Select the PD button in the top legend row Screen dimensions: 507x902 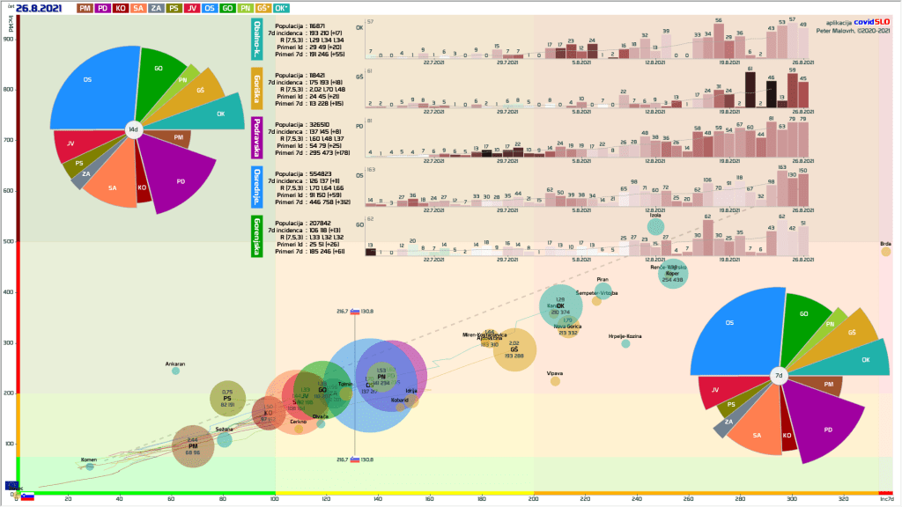point(104,8)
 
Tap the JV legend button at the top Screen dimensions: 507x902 point(192,8)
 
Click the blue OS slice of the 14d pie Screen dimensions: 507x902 point(88,84)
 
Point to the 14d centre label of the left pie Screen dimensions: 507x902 point(133,129)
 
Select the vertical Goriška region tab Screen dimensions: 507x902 point(257,91)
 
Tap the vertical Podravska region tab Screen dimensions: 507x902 point(257,139)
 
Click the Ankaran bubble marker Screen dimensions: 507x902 point(175,371)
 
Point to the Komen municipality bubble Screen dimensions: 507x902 point(90,467)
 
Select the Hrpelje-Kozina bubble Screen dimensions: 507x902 point(625,343)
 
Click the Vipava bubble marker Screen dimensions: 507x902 point(555,381)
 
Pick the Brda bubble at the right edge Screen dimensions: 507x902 point(885,252)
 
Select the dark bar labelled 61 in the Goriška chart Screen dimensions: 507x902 point(750,88)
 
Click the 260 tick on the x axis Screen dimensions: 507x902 point(689,499)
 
